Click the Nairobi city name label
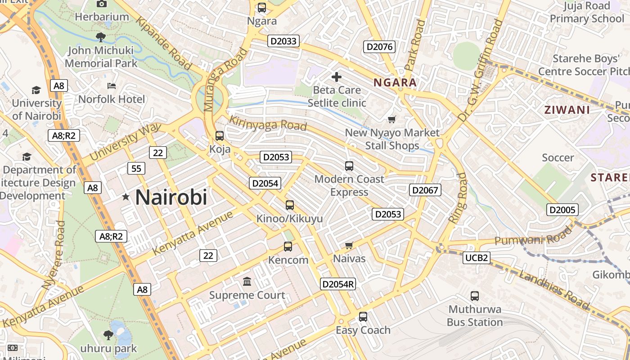click(x=171, y=197)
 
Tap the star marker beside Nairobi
click(x=126, y=197)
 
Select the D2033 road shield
click(x=283, y=41)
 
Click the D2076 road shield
click(x=379, y=47)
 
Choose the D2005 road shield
click(x=562, y=210)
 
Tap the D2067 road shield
click(x=425, y=190)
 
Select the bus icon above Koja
click(x=220, y=135)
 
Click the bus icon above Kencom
click(x=288, y=247)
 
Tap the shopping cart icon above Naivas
click(x=349, y=245)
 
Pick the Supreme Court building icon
click(x=247, y=282)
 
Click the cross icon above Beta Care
click(x=336, y=77)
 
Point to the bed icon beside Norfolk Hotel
click(x=112, y=85)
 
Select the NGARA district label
click(x=395, y=83)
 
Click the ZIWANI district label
click(x=567, y=110)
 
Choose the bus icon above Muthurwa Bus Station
click(x=475, y=296)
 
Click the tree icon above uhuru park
click(x=108, y=335)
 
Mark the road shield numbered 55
click(x=136, y=169)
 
